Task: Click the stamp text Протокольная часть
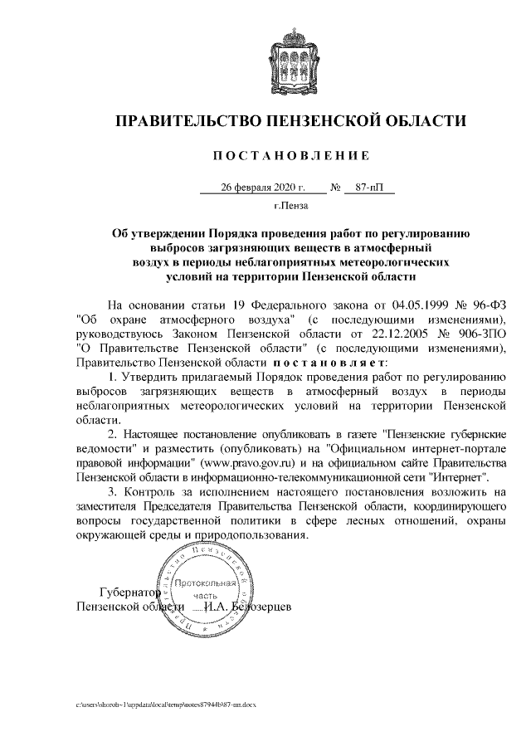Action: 205,589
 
